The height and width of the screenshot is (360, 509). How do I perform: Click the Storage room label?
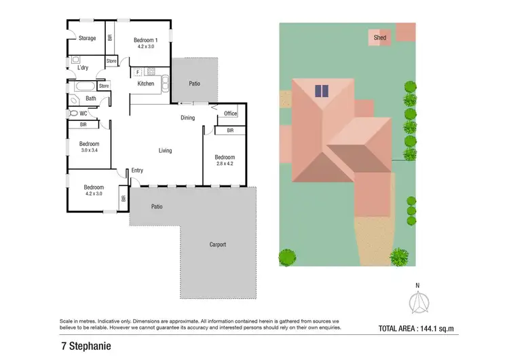87,39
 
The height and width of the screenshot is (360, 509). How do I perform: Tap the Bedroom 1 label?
146,39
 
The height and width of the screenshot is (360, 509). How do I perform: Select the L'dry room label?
83,67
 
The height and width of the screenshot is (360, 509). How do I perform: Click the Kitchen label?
146,84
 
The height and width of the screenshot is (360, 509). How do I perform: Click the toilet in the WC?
73,113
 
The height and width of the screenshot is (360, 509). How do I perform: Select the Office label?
230,113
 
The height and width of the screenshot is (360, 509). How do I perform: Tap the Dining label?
187,118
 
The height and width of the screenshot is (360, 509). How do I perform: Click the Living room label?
165,151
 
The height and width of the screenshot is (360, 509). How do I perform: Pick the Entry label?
137,170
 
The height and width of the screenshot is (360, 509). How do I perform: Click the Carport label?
217,245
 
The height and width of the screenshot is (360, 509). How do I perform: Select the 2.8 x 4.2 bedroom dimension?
225,164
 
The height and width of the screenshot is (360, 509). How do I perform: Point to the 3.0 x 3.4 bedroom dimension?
89,150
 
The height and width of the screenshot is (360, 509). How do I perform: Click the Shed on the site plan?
380,38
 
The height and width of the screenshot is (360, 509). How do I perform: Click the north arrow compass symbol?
418,301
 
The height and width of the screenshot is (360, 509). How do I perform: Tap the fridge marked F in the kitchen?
138,71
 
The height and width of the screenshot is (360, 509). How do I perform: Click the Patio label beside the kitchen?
194,84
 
